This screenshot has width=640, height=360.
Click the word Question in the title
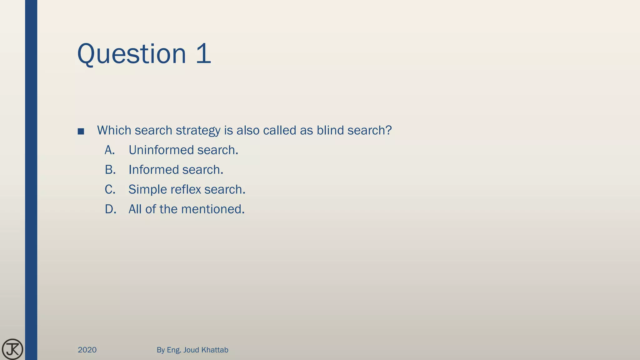tap(132, 54)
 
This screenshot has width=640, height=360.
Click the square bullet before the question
tap(81, 132)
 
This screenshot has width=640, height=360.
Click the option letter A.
tap(110, 150)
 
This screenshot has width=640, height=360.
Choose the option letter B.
tap(110, 170)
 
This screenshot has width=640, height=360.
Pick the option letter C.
tap(110, 189)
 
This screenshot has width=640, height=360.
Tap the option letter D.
tap(110, 209)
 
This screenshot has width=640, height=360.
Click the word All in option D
tap(135, 209)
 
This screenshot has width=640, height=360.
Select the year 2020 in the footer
tap(87, 350)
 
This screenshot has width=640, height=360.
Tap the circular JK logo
tap(12, 349)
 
